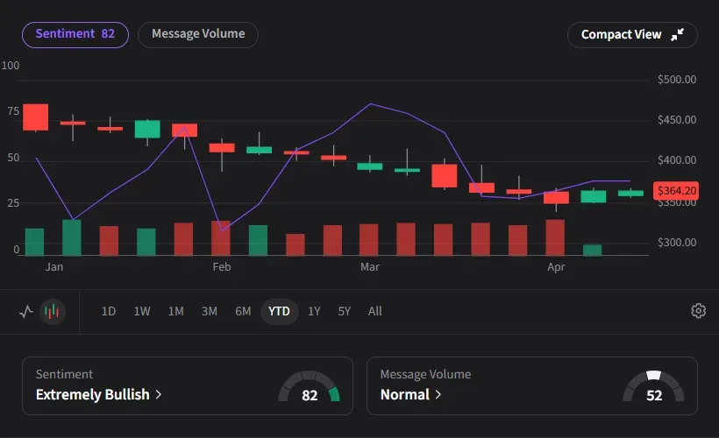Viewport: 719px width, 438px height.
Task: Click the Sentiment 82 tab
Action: point(75,34)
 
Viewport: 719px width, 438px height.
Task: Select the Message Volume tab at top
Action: point(198,34)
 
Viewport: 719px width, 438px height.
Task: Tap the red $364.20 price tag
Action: point(676,190)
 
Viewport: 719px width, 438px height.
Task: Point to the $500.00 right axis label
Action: point(676,80)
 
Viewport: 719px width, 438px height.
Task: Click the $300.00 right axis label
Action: point(676,243)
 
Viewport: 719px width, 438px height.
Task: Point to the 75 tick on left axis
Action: point(12,111)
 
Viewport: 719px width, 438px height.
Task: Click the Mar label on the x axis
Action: point(369,266)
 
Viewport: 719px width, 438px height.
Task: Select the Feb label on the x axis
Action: point(221,266)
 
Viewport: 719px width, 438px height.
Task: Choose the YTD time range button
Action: point(279,311)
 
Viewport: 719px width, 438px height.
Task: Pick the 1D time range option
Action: point(109,311)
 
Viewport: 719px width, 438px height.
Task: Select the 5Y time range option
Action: point(345,311)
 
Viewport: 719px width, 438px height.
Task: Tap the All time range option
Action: point(375,311)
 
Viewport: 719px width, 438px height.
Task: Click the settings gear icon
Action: point(698,311)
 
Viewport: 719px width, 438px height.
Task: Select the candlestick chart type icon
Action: point(53,311)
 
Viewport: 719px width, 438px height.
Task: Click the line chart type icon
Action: point(26,311)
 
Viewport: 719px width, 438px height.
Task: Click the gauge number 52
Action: point(654,395)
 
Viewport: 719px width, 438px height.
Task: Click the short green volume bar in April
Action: point(593,250)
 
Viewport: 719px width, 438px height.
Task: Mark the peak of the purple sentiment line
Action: point(370,103)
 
